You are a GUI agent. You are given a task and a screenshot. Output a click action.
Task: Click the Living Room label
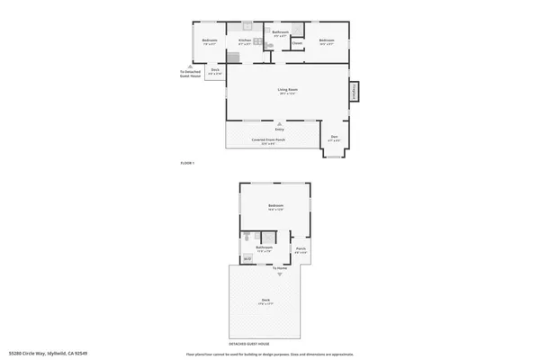(287, 89)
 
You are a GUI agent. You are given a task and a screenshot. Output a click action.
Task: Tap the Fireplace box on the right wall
(355, 91)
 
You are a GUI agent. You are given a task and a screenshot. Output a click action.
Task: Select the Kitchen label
(243, 40)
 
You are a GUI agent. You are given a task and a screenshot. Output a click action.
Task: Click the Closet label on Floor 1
(296, 42)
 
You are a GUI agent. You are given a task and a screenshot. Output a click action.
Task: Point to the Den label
(334, 138)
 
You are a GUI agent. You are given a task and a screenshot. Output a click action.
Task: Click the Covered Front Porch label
(268, 140)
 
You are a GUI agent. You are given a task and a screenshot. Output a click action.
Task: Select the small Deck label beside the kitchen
(215, 70)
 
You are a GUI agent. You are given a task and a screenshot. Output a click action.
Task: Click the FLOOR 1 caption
(187, 162)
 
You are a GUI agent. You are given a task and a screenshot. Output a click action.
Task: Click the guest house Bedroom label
(275, 207)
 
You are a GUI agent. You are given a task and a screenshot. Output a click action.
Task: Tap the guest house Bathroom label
(264, 247)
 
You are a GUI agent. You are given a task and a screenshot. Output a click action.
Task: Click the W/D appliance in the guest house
(247, 259)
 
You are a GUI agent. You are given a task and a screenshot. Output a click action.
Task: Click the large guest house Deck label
(266, 300)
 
